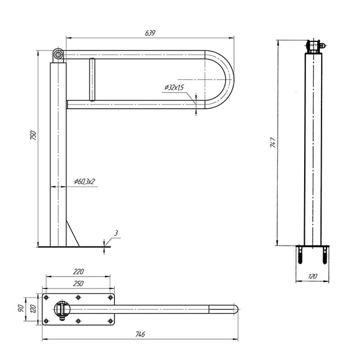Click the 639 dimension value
click(150, 33)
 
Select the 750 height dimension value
click(33, 136)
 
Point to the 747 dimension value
click(273, 142)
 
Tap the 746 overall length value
click(140, 334)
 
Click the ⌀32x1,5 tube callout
click(174, 88)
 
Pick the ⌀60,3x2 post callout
click(84, 182)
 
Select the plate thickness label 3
click(116, 233)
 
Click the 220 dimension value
click(79, 272)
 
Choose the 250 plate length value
click(78, 284)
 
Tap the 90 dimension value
click(20, 308)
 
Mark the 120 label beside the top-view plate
click(33, 309)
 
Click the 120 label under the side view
click(313, 276)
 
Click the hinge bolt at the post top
click(58, 55)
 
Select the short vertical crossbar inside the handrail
click(92, 79)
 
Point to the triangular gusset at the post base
click(73, 233)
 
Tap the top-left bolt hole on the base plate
click(46, 298)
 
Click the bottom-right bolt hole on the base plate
click(110, 321)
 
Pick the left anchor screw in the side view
click(301, 256)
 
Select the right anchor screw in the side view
click(325, 256)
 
